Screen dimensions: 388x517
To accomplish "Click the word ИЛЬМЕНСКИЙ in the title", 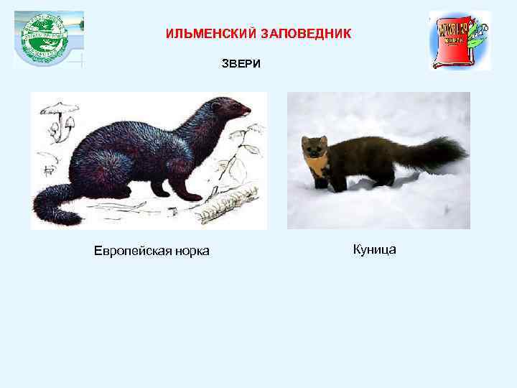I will pos(208,34).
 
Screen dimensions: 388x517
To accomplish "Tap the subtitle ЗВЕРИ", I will pos(241,65).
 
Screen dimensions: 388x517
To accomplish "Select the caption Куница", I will pos(375,250).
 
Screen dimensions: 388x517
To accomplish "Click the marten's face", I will pos(314,149).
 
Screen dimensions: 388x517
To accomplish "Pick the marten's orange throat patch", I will pos(317,167).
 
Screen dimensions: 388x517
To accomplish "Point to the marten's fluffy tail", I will pos(437,153).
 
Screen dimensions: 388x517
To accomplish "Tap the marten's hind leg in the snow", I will pos(388,176).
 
